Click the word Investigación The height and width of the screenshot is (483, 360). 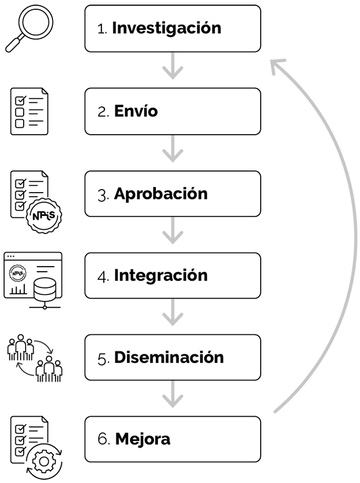pyautogui.click(x=167, y=29)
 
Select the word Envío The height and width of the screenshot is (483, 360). pyautogui.click(x=136, y=111)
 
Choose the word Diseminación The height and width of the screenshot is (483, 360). pyautogui.click(x=169, y=357)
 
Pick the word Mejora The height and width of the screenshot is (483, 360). pyautogui.click(x=142, y=439)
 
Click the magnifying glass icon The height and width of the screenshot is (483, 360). pyautogui.click(x=29, y=28)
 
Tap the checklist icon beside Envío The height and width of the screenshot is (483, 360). pyautogui.click(x=29, y=111)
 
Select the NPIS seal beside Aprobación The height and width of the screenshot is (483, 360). pyautogui.click(x=44, y=216)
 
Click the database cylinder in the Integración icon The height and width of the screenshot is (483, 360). pyautogui.click(x=45, y=290)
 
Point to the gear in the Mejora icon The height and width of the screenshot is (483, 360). pyautogui.click(x=44, y=461)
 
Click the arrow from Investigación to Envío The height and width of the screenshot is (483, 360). pyautogui.click(x=173, y=66)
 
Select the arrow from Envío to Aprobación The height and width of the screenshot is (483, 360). pyautogui.click(x=173, y=149)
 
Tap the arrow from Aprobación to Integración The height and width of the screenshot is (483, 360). pyautogui.click(x=173, y=231)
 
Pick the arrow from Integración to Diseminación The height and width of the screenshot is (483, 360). pyautogui.click(x=173, y=312)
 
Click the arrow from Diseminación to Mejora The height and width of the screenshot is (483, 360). pyautogui.click(x=173, y=394)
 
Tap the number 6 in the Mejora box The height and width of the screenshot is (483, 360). pyautogui.click(x=102, y=439)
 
